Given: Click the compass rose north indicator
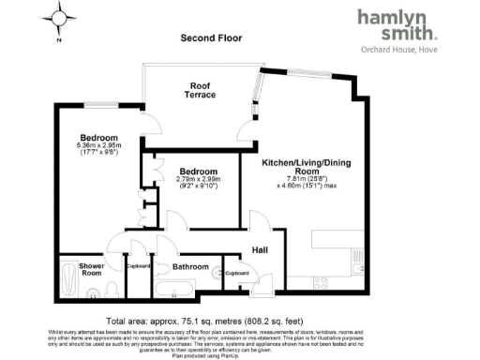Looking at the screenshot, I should (x=61, y=17).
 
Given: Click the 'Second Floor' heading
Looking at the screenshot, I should (x=211, y=38).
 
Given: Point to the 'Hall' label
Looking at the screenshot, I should (x=260, y=251).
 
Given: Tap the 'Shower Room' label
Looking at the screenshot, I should (x=91, y=269).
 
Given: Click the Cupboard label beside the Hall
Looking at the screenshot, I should (x=235, y=274).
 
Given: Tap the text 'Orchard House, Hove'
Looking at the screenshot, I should (x=398, y=50).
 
